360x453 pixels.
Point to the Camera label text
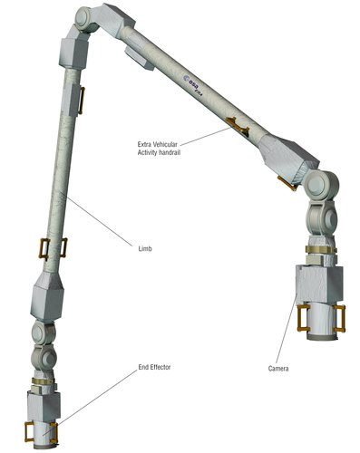tap(280, 369)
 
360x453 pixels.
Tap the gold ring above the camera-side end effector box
tap(317, 250)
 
